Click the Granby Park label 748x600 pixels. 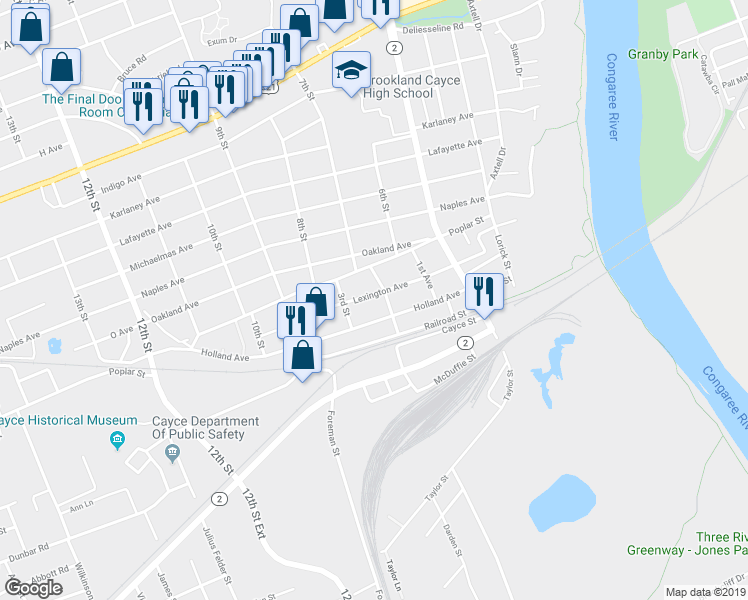click(x=663, y=54)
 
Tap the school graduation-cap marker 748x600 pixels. click(x=351, y=70)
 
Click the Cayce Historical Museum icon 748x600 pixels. click(x=118, y=440)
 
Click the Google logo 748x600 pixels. click(x=33, y=587)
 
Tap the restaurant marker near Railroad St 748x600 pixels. click(x=483, y=292)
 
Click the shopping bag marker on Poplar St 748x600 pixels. click(x=303, y=354)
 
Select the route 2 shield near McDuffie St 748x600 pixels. click(x=465, y=343)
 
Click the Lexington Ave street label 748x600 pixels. click(x=379, y=288)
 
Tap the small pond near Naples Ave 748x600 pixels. click(x=54, y=346)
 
